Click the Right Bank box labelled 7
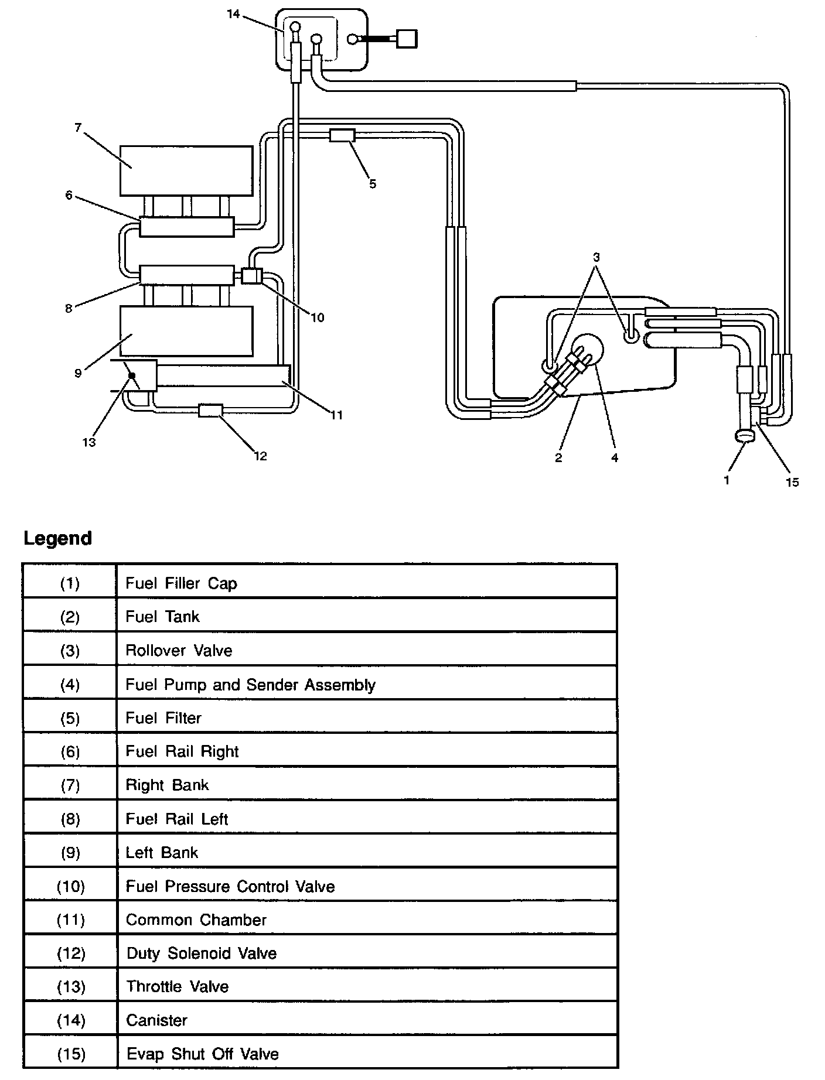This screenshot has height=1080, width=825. (x=186, y=170)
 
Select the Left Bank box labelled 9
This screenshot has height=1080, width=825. (x=186, y=331)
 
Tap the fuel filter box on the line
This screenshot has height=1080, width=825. (x=342, y=135)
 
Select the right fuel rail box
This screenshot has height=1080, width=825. (x=186, y=227)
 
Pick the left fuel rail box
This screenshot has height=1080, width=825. (x=186, y=274)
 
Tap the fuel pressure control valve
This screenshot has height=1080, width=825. (x=252, y=275)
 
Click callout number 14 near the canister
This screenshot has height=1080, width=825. (x=234, y=13)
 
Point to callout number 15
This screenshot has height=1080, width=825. (x=792, y=482)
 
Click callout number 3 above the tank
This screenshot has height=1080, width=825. (x=596, y=257)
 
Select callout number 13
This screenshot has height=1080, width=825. (x=88, y=443)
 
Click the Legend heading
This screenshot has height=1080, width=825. (x=57, y=538)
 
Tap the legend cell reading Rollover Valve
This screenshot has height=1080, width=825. (x=179, y=651)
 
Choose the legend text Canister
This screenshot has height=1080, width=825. (x=156, y=1020)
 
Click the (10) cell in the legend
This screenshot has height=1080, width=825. (x=70, y=886)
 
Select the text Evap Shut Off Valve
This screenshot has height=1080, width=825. (x=202, y=1054)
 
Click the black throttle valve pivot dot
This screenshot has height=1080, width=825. (x=132, y=375)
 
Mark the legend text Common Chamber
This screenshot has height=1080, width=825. (x=196, y=920)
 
